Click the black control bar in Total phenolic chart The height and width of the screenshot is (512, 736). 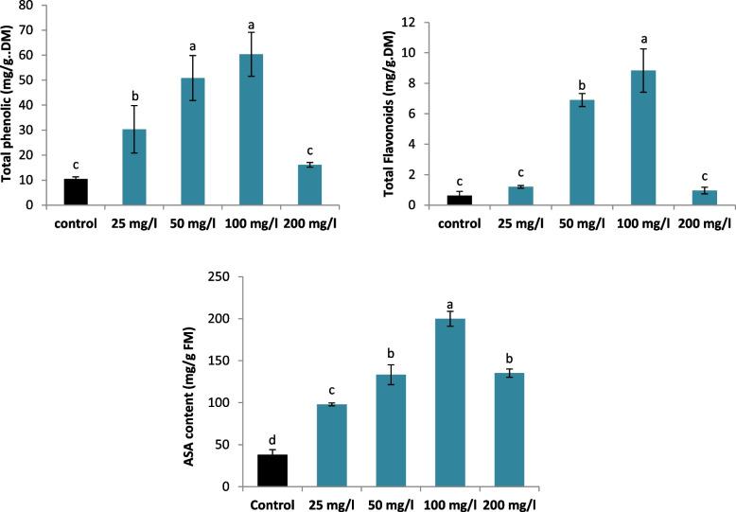tap(75, 192)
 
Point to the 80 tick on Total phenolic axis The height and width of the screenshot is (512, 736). tap(39, 5)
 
